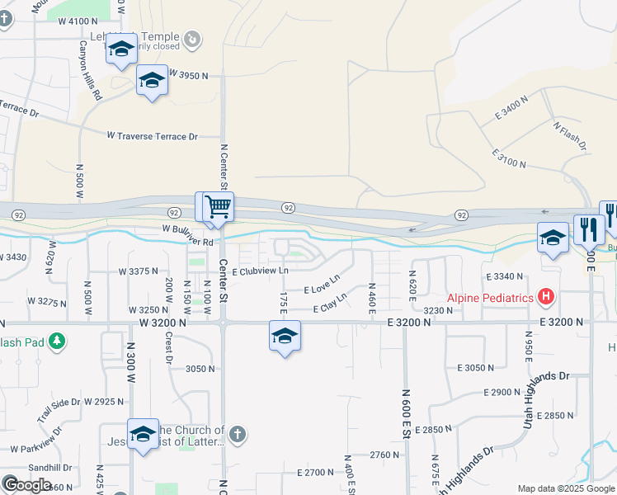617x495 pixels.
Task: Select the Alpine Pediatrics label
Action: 490,298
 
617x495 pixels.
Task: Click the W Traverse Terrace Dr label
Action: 153,135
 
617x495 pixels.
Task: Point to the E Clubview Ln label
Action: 261,271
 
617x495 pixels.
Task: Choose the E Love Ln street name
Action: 322,285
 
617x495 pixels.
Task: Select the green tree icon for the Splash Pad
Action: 56,341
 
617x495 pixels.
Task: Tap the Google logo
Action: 26,485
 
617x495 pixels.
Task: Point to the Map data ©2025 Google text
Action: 566,488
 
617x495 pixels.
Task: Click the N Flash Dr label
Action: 570,134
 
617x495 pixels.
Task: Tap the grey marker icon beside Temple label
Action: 191,38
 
